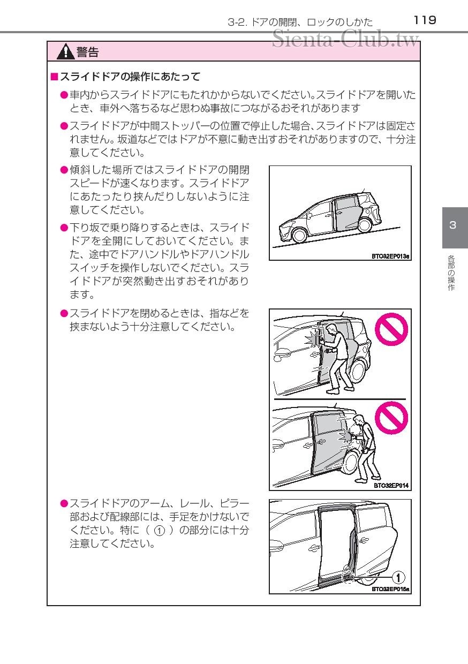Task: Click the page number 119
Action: (425, 20)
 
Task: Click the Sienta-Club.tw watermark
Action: (345, 39)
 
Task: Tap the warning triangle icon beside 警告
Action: (66, 52)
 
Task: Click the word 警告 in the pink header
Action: (88, 52)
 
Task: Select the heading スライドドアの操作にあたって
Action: (130, 77)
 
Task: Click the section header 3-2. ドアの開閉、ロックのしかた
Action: (300, 22)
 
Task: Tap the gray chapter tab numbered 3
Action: (454, 225)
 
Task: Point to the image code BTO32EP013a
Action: (390, 256)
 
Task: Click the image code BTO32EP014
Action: (391, 486)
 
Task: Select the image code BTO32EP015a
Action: (390, 589)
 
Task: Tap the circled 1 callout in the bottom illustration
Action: (398, 577)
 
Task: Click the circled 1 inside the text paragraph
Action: (159, 531)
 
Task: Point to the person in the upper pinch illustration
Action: (335, 356)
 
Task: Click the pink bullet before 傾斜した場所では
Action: (64, 170)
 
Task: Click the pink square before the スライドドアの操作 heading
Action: (54, 77)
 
